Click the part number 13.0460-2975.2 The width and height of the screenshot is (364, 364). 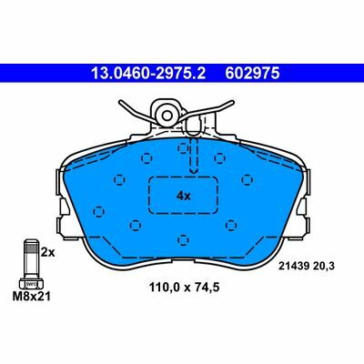click(148, 74)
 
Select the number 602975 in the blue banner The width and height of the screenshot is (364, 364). click(252, 74)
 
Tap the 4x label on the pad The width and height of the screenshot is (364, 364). click(184, 197)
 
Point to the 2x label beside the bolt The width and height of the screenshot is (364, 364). click(48, 252)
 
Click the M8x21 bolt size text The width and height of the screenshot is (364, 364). click(32, 297)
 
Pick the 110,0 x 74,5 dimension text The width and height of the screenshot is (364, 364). click(184, 287)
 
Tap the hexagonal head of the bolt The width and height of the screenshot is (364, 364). click(31, 284)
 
